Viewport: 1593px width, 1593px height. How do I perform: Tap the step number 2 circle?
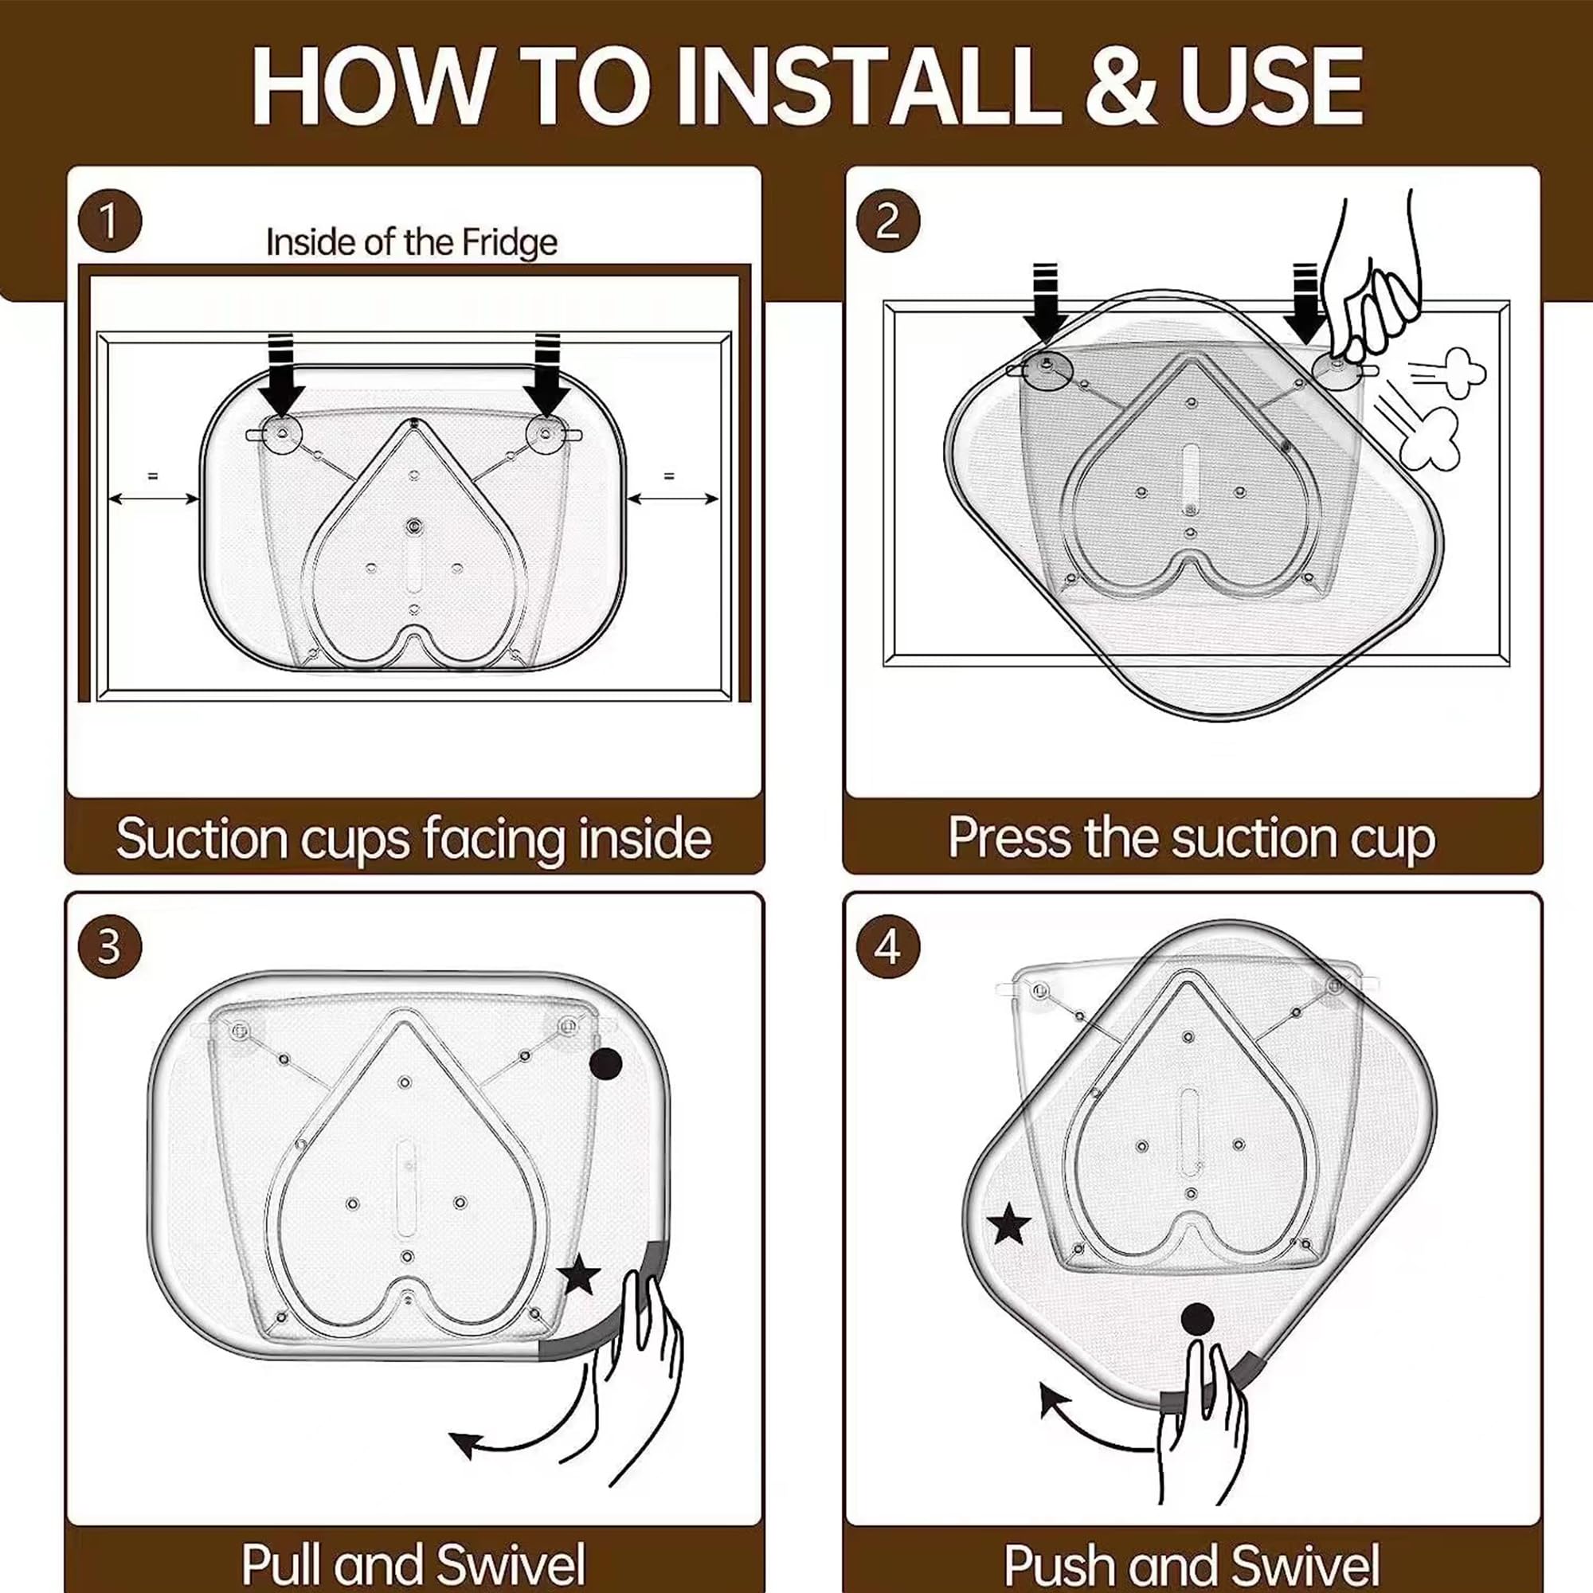click(x=888, y=221)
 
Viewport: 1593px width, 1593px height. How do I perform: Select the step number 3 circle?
click(x=110, y=947)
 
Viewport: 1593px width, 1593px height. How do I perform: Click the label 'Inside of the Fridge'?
click(x=412, y=242)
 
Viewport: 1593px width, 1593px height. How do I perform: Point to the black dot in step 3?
click(x=606, y=1063)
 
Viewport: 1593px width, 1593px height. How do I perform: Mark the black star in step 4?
click(x=1008, y=1224)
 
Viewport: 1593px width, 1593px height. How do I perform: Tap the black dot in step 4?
click(x=1197, y=1320)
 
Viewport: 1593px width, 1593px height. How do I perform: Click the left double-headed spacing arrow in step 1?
click(x=155, y=498)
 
